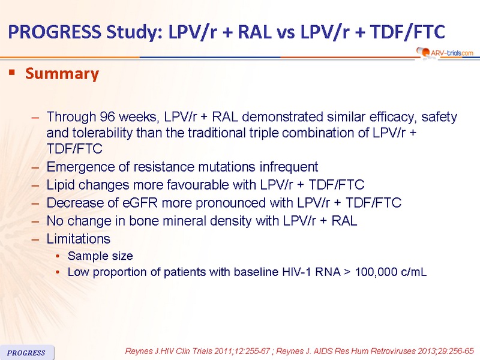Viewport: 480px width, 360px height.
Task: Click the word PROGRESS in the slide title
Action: (x=55, y=32)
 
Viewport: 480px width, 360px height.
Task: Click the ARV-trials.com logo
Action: (x=445, y=53)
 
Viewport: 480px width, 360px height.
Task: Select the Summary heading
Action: (x=62, y=74)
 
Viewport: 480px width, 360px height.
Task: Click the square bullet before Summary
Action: (x=12, y=73)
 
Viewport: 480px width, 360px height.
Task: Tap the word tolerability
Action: (x=102, y=133)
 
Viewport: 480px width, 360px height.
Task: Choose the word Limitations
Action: (x=79, y=239)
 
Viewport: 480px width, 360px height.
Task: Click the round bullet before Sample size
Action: (x=58, y=256)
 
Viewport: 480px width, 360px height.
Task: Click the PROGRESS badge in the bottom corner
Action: (x=26, y=353)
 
